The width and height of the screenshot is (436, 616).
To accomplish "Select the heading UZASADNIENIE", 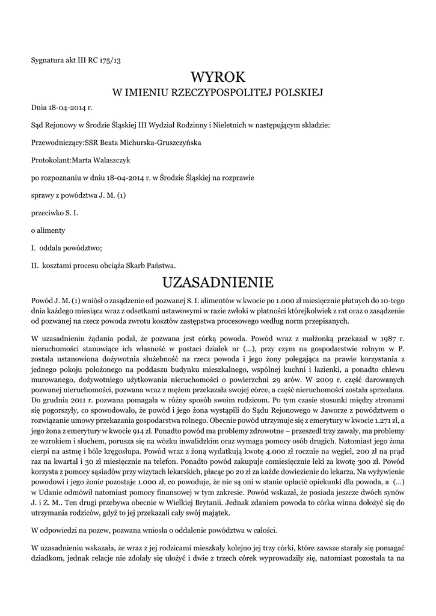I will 218,282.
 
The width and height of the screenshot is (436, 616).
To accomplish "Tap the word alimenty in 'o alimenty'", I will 51,230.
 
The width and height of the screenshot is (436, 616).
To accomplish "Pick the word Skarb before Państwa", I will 142,265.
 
